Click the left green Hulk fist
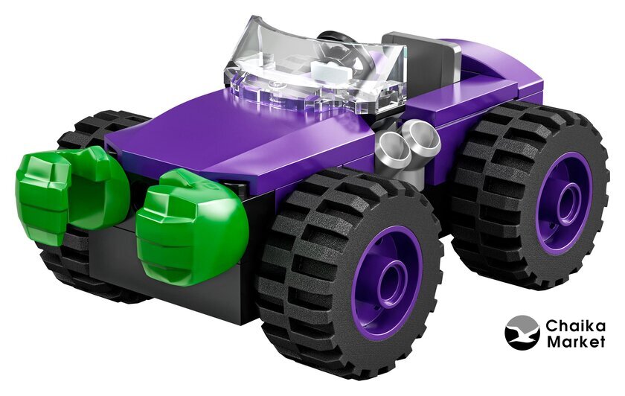coord(71,191)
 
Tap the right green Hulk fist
coord(191,226)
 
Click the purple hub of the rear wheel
coord(563,203)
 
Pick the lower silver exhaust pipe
coord(395,152)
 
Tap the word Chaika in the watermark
coord(575,325)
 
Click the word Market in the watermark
coord(576,342)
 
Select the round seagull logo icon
coord(522,333)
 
